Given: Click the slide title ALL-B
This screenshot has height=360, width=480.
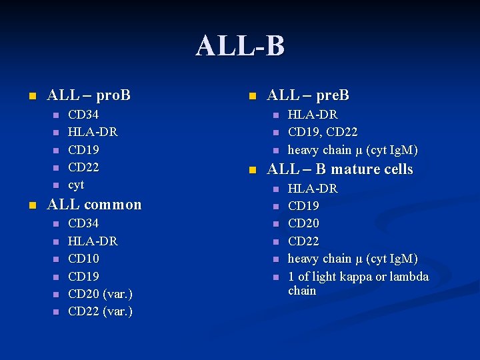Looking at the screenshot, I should tap(240, 47).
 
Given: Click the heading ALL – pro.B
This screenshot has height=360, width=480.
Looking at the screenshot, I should tap(89, 95).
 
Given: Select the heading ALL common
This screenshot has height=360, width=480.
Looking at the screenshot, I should tap(94, 205).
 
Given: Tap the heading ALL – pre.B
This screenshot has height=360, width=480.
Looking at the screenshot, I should tap(308, 95).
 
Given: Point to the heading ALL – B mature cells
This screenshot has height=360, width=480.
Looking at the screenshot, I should tap(340, 169).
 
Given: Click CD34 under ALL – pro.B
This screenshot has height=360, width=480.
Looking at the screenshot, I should tap(83, 115).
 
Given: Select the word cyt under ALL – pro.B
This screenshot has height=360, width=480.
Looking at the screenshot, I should tap(76, 185).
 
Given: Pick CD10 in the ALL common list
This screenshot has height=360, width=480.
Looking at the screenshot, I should tap(83, 259).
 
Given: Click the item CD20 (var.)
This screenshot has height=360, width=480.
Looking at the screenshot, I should tap(100, 294).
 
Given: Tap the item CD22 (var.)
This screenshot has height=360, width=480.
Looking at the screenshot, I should tap(100, 311).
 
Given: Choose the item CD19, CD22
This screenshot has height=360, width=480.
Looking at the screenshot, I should tap(323, 132).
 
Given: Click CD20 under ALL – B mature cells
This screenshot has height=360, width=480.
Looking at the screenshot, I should tap(303, 223).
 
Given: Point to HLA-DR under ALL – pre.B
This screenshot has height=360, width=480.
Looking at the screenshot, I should tap(312, 115).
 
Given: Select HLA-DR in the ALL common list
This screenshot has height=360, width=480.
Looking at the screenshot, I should tap(93, 241).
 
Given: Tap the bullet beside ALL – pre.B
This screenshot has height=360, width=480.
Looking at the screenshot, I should tap(251, 96).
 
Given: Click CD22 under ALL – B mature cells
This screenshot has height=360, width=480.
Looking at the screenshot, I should tap(303, 241).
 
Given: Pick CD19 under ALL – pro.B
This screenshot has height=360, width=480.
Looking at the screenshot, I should tap(83, 149).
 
